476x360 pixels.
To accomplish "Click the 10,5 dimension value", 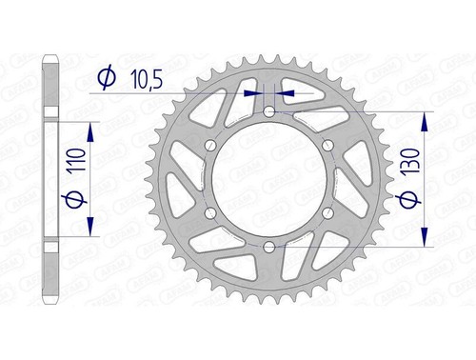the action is pos(147,79).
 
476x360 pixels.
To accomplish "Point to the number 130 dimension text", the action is pos(410,160).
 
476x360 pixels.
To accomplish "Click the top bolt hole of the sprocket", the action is pos(269,111).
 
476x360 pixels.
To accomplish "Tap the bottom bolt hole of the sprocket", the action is pos(269,247).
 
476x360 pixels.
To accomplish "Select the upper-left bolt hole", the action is pos(210,146).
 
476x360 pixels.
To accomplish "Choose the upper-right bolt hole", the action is pos(328,146).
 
